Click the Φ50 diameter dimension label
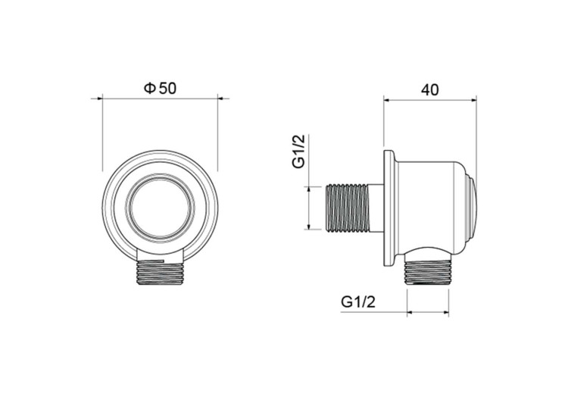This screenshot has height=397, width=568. (160, 88)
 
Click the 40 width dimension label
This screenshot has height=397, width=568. (430, 89)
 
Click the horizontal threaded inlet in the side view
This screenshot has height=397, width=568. (348, 207)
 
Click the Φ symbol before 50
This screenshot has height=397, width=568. (149, 88)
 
